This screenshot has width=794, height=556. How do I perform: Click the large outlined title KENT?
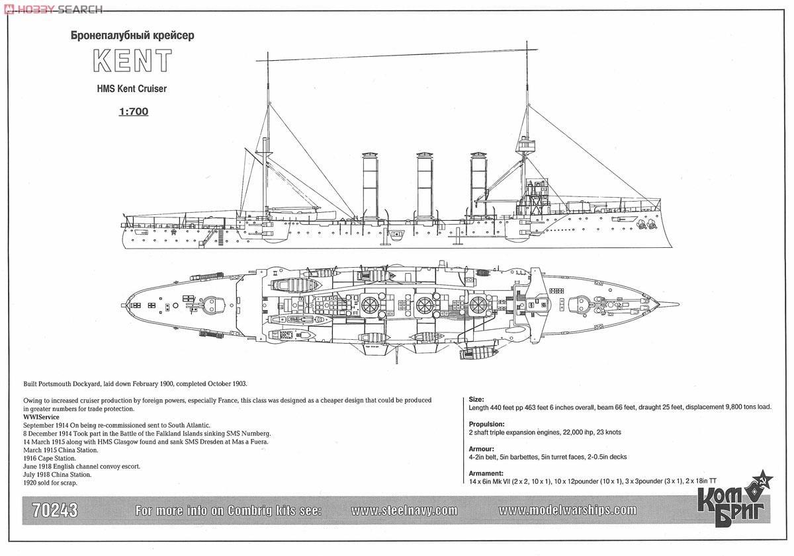pyautogui.click(x=132, y=61)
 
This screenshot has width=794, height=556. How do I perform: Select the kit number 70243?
pyautogui.click(x=56, y=510)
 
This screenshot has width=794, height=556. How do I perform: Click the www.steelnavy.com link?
pyautogui.click(x=404, y=510)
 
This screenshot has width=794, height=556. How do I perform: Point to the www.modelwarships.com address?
pyautogui.click(x=567, y=510)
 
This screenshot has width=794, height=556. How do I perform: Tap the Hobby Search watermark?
pyautogui.click(x=53, y=9)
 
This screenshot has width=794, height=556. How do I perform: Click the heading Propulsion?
pyautogui.click(x=487, y=424)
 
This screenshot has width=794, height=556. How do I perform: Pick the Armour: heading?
pyautogui.click(x=483, y=448)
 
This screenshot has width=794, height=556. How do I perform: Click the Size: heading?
pyautogui.click(x=476, y=399)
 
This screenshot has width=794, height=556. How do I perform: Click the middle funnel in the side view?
pyautogui.click(x=424, y=185)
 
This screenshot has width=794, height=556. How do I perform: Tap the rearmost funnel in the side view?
pyautogui.click(x=370, y=185)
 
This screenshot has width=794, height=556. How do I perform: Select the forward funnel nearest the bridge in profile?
pyautogui.click(x=478, y=185)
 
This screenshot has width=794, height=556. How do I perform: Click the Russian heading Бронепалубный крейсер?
pyautogui.click(x=132, y=36)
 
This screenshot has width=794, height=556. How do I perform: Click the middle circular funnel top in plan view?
pyautogui.click(x=424, y=305)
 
